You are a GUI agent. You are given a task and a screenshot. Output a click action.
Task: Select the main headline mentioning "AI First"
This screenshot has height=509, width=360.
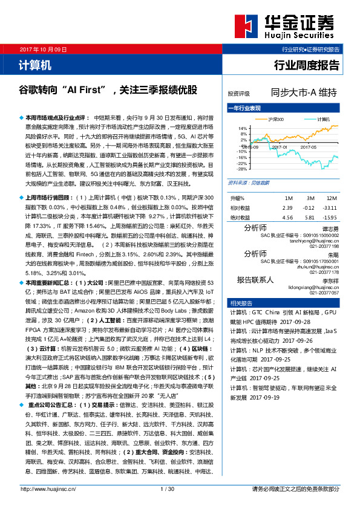pyautogui.click(x=108, y=90)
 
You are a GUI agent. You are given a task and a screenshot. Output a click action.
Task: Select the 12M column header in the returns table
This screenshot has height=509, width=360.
pyautogui.click(x=331, y=198)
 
